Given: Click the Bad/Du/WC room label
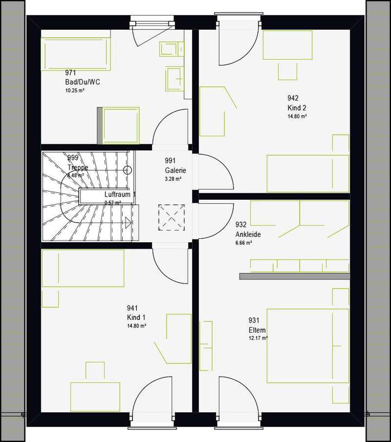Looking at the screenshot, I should tap(83, 82).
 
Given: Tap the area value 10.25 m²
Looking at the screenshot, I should tap(74, 90).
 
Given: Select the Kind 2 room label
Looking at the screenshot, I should tap(297, 108).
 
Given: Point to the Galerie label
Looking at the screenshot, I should tap(176, 170).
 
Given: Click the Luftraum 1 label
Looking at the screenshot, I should tap(120, 194).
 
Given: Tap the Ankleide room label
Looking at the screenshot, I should tap(248, 235).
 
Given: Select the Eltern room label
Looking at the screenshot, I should tap(257, 330).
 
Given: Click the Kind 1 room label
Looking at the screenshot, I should tap(136, 318).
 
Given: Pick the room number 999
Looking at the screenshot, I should tap(73, 157).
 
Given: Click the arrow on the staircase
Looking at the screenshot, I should tap(128, 222).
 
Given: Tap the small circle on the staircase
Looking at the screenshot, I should tap(128, 170).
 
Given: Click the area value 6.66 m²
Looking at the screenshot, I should tap(243, 243).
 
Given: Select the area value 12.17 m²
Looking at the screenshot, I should tap(258, 338).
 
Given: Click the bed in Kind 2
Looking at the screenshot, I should tap(307, 173).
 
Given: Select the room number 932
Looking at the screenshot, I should tap(241, 224).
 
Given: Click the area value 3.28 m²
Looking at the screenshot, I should tap(173, 178).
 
